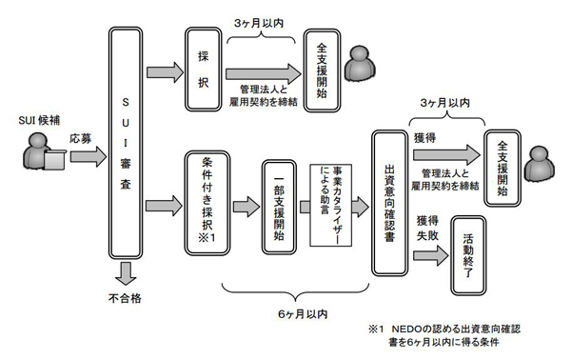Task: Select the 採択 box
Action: [201, 70]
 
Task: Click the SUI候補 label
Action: [38, 120]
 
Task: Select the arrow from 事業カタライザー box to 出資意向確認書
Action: [362, 203]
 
